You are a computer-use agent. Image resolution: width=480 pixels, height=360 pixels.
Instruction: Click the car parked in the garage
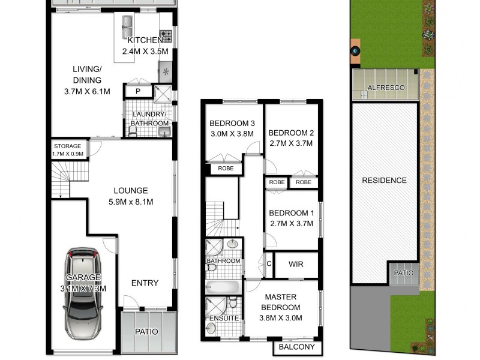tap(83, 293)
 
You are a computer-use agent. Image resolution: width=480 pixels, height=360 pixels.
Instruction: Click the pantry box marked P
tap(137, 92)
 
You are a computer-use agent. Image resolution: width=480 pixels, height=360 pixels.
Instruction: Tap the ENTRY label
tap(145, 283)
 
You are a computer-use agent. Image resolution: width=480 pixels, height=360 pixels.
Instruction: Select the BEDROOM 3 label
tap(232, 129)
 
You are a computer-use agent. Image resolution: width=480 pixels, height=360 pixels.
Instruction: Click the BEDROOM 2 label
tap(292, 137)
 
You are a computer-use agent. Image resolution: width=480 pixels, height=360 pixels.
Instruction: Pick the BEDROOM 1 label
tap(292, 218)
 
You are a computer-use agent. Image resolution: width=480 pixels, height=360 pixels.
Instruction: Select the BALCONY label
tap(298, 347)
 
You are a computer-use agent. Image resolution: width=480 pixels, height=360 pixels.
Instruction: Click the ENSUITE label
tap(223, 318)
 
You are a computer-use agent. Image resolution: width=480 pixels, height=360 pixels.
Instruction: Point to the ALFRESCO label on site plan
tap(386, 88)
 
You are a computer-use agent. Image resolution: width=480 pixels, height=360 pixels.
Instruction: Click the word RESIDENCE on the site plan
tap(384, 180)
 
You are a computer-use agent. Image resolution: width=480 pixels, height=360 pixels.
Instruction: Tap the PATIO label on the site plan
tap(403, 273)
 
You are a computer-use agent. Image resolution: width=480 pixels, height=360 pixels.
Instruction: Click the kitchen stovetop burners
tap(166, 36)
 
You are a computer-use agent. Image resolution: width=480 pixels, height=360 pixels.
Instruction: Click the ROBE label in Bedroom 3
tap(225, 169)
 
